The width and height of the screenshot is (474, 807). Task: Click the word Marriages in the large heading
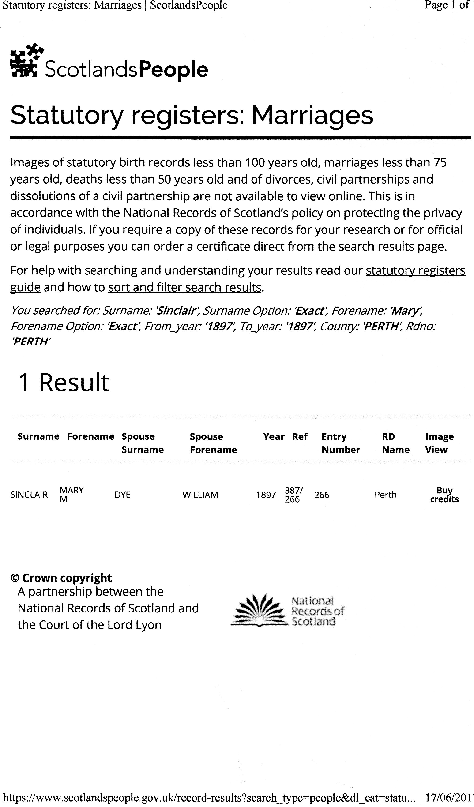pos(312,115)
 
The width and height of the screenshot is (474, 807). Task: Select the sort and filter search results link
pos(185,288)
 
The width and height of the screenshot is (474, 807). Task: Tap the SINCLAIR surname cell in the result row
pos(29,495)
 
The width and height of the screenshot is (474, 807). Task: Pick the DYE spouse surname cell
pos(122,495)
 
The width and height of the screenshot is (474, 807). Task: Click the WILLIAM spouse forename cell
pos(200,495)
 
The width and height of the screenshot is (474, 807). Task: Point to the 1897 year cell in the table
pos(266,495)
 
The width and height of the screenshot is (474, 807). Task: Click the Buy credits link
pos(444,495)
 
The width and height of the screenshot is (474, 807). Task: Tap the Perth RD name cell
pos(386,495)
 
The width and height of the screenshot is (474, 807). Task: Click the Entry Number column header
pos(340,443)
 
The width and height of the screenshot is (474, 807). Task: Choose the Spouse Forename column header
pos(213,443)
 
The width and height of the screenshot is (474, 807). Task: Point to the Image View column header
pos(439,443)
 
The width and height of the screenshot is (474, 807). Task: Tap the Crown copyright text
pos(61,578)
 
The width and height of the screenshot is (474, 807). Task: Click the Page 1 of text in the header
pos(447,5)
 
